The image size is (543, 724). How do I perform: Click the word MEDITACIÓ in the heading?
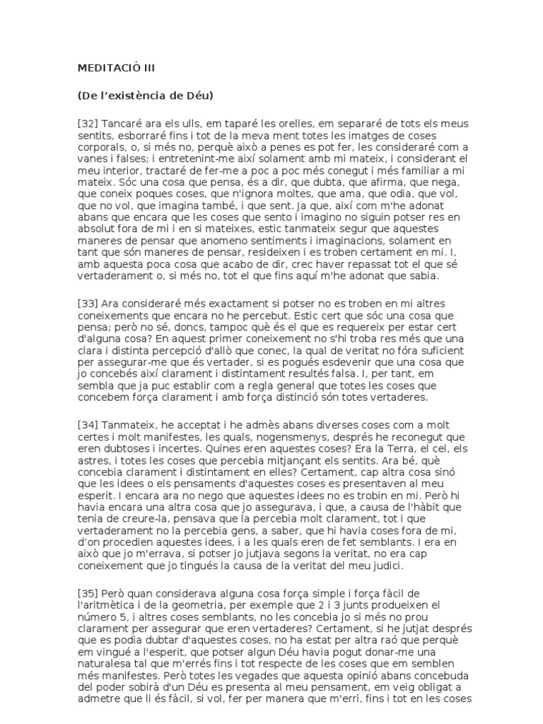pos(104,69)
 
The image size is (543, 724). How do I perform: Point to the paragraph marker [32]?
pos(88,123)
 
